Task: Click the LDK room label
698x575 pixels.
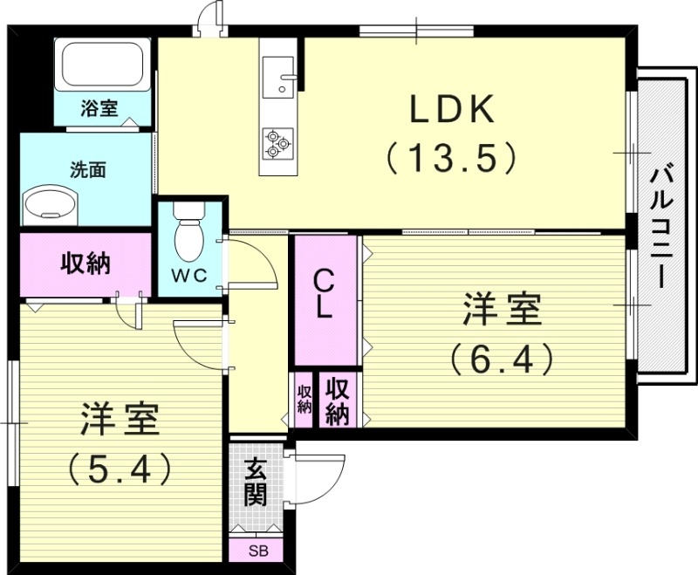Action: pos(454,111)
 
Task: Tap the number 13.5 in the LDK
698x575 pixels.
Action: pos(454,159)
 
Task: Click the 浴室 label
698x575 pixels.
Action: pos(99,109)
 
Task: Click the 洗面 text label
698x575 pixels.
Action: pos(87,170)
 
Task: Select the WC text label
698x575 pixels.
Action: pos(188,277)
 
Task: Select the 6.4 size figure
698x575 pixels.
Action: pos(502,358)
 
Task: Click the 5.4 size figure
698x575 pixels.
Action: pos(120,469)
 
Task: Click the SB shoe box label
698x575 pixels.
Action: pos(257,551)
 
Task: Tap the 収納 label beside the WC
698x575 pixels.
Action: pos(85,264)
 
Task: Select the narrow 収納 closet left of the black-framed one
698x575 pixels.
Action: pos(304,399)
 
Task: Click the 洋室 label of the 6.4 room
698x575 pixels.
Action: pos(502,310)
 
